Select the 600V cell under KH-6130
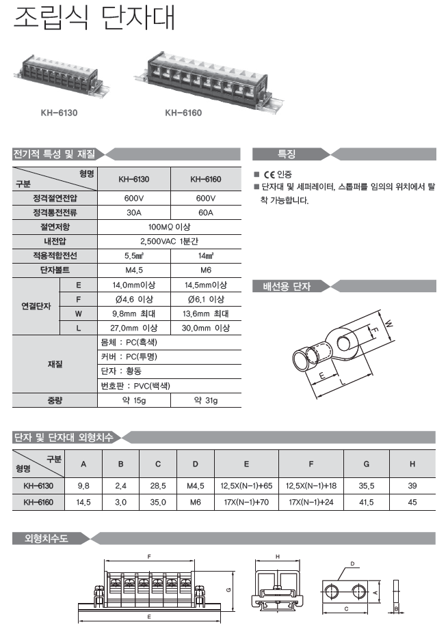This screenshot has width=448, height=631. pyautogui.click(x=134, y=198)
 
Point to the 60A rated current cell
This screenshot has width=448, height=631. pyautogui.click(x=205, y=212)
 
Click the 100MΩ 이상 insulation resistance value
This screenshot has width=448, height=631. pyautogui.click(x=170, y=227)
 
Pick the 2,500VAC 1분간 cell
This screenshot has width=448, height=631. pyautogui.click(x=170, y=241)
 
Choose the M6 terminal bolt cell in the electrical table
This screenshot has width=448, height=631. pyautogui.click(x=205, y=270)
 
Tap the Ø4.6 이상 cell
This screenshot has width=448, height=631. pyautogui.click(x=134, y=299)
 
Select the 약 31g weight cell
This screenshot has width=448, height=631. pyautogui.click(x=205, y=400)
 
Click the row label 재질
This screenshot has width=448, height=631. pyautogui.click(x=55, y=364)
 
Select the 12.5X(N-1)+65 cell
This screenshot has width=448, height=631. pyautogui.click(x=246, y=486)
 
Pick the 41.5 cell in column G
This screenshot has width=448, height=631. pyautogui.click(x=367, y=502)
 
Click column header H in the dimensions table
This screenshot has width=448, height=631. pyautogui.click(x=412, y=464)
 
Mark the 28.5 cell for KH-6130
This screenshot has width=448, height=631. pyautogui.click(x=158, y=486)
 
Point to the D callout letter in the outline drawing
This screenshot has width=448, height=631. pyautogui.click(x=352, y=564)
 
